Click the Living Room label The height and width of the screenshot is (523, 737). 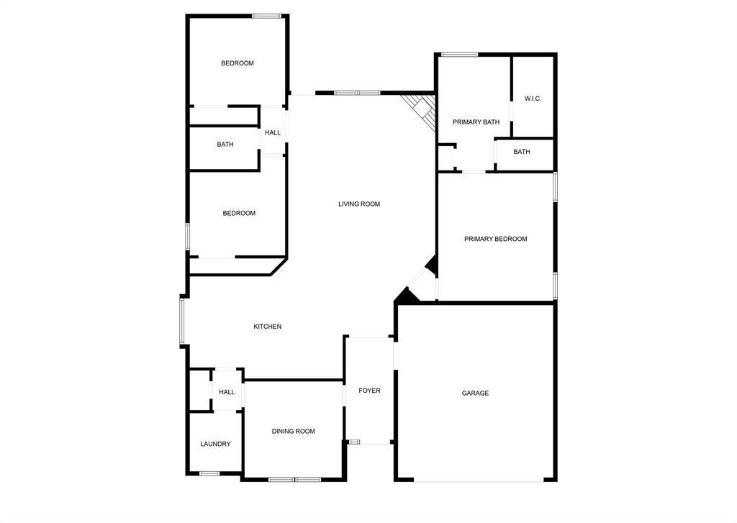[359, 204]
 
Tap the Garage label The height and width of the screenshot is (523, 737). [475, 394]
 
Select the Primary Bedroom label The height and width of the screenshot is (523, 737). [495, 239]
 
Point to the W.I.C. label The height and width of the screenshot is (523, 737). [533, 99]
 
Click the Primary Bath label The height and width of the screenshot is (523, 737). [476, 122]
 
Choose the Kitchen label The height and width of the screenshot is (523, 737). [267, 327]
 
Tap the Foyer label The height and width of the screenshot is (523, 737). [369, 391]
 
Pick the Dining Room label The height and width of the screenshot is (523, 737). [293, 432]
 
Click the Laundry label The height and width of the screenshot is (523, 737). [215, 444]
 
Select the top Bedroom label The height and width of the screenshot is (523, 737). [237, 63]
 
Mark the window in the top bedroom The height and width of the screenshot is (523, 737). [266, 16]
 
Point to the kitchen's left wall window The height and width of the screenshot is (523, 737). [182, 321]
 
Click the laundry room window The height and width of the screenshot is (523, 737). [209, 473]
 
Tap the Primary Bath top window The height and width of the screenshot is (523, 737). [459, 54]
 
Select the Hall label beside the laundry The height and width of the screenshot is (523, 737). [227, 392]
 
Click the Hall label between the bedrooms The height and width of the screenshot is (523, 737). [272, 132]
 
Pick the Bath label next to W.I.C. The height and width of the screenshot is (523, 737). [522, 152]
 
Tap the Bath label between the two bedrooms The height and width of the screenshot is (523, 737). [225, 145]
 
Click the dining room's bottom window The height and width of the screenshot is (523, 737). [294, 479]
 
